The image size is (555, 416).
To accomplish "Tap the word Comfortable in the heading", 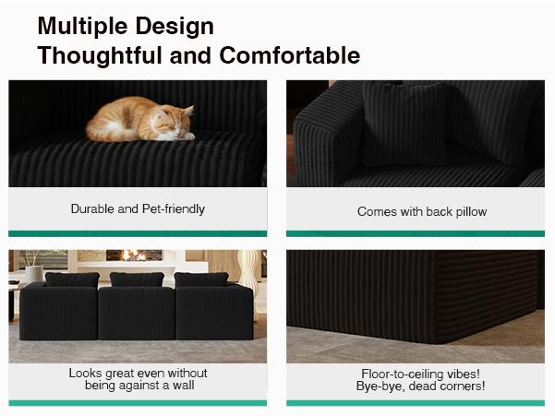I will [x=290, y=55].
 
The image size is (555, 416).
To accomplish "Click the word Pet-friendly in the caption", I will [x=170, y=209].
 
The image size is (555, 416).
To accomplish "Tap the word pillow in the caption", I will [x=470, y=211].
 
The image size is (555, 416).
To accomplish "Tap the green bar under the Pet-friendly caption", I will [x=138, y=233].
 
